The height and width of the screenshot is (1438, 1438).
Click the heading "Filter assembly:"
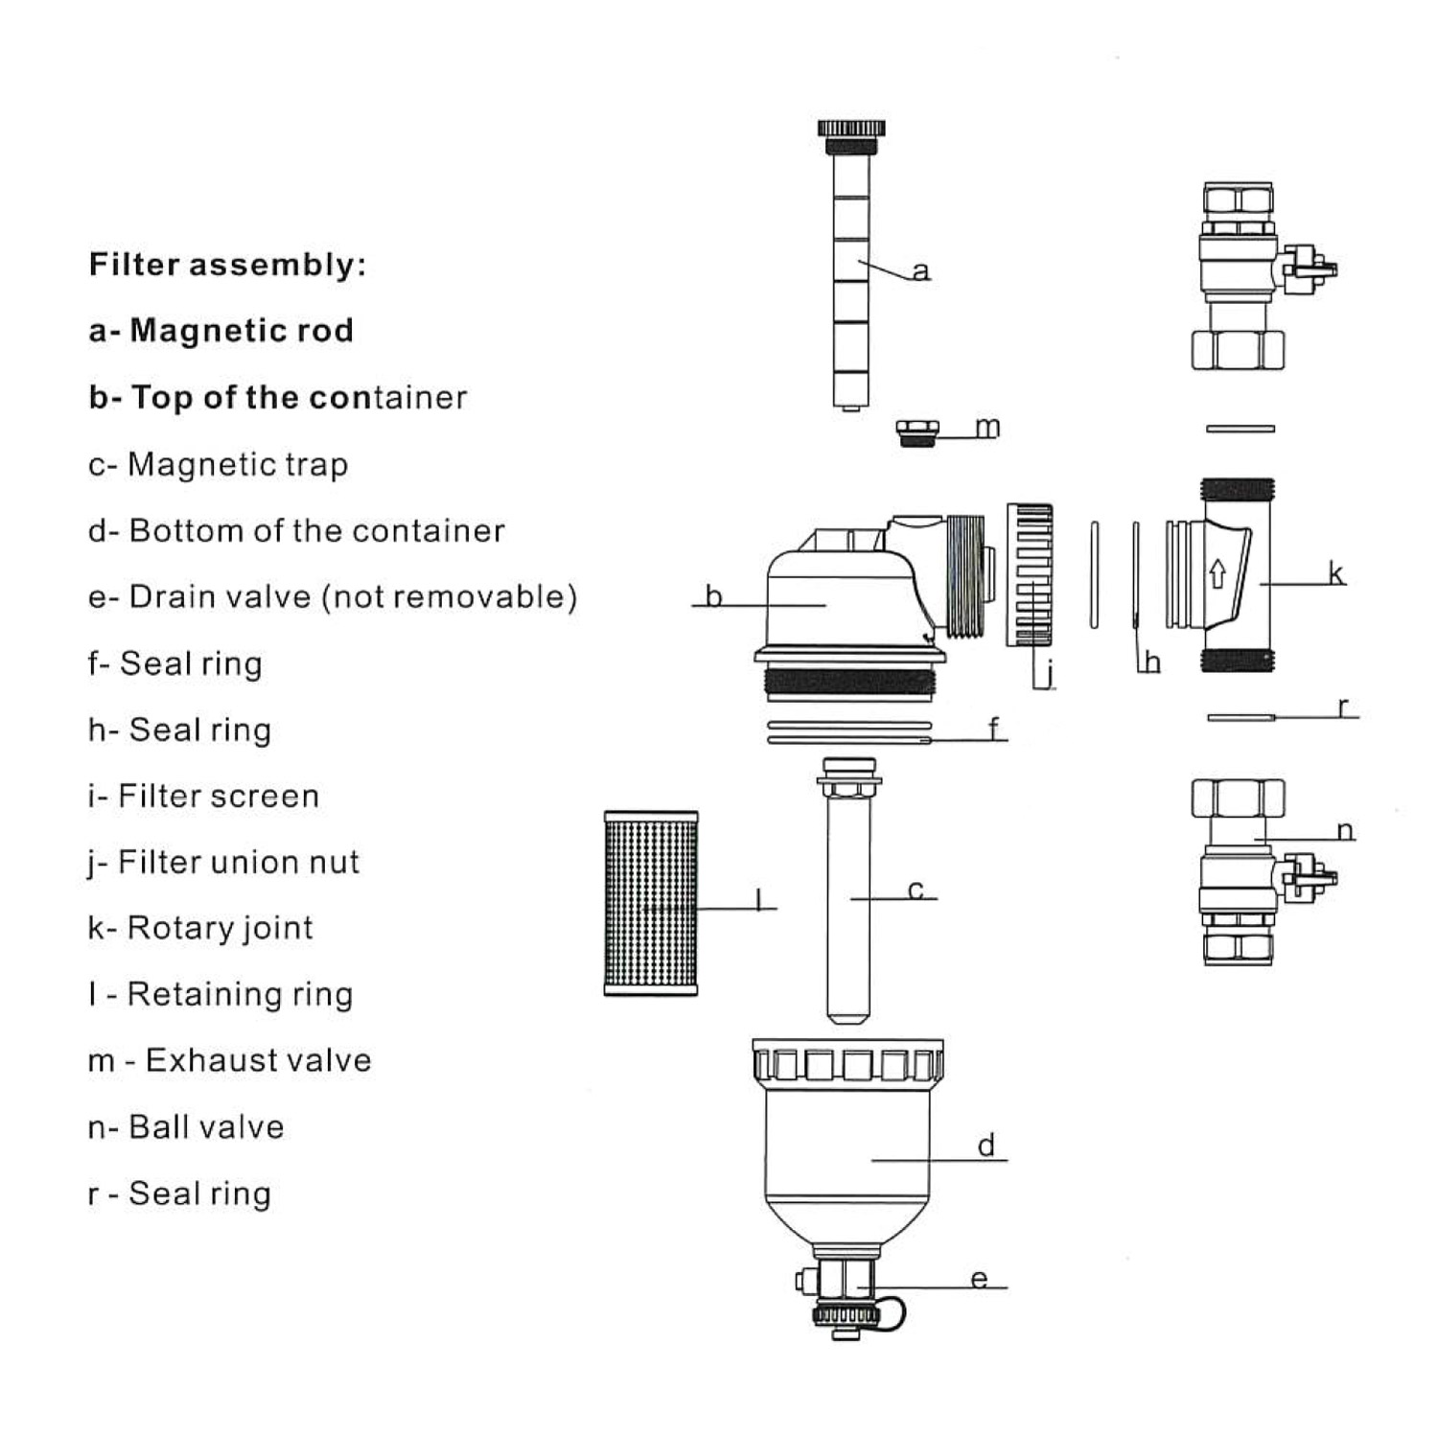pyautogui.click(x=227, y=265)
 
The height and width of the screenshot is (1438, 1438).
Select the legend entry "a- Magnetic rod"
pyautogui.click(x=220, y=331)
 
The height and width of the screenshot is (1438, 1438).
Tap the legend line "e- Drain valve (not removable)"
pyautogui.click(x=332, y=596)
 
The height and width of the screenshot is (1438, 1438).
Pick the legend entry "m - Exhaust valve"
pyautogui.click(x=229, y=1060)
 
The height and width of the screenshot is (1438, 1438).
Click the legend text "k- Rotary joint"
pyautogui.click(x=200, y=928)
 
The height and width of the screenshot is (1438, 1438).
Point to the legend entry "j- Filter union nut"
pyautogui.click(x=223, y=862)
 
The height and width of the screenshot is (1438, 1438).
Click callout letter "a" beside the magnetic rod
pyautogui.click(x=921, y=271)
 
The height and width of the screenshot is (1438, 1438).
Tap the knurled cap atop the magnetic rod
pyautogui.click(x=851, y=128)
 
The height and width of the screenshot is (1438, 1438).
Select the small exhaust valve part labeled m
pyautogui.click(x=917, y=432)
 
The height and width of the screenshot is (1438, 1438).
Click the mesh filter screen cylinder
pyautogui.click(x=651, y=903)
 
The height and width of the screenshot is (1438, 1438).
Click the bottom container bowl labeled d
pyautogui.click(x=847, y=1150)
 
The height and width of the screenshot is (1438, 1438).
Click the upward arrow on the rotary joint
pyautogui.click(x=1218, y=574)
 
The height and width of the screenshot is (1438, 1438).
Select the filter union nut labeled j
pyautogui.click(x=1030, y=575)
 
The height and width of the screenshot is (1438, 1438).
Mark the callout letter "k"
pyautogui.click(x=1335, y=573)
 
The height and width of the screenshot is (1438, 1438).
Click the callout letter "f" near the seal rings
pyautogui.click(x=994, y=730)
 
